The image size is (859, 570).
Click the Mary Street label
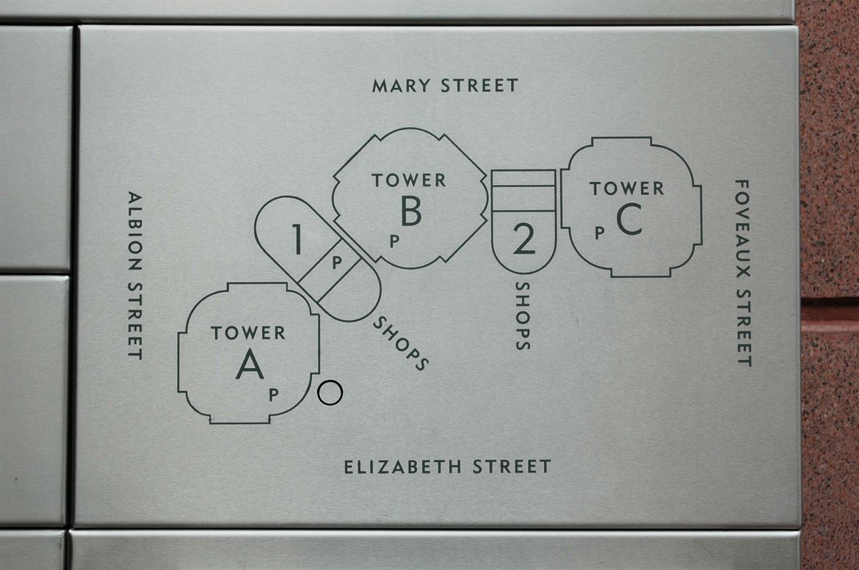click(445, 85)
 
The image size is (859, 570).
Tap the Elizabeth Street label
click(447, 467)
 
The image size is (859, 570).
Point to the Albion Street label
click(135, 275)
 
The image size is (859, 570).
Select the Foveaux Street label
click(743, 273)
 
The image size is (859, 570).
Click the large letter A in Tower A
click(250, 364)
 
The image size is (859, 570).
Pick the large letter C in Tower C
click(629, 219)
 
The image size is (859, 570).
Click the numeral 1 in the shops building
click(297, 239)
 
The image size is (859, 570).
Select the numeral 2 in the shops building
click(523, 239)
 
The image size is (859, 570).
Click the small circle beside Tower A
click(330, 392)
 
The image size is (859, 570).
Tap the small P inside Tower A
click(274, 394)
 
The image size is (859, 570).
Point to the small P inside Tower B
click(394, 241)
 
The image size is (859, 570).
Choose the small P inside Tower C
click(600, 233)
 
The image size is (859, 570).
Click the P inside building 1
click(337, 263)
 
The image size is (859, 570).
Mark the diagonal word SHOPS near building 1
click(400, 343)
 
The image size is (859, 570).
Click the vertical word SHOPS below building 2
click(523, 316)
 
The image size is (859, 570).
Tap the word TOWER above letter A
click(248, 333)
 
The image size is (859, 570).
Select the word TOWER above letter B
click(409, 180)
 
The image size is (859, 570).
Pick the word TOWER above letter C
click(627, 189)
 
